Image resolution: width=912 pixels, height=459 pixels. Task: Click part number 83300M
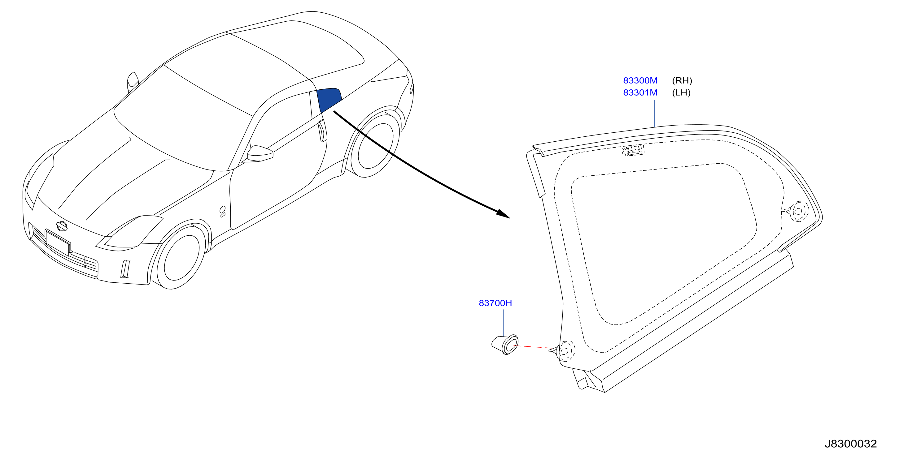(640, 81)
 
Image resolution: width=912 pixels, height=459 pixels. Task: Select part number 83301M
(640, 93)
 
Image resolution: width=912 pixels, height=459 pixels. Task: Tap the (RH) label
(682, 81)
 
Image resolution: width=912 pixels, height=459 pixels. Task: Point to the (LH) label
(681, 93)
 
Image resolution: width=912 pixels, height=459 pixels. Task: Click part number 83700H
(495, 303)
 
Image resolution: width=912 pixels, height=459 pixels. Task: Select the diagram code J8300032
(851, 444)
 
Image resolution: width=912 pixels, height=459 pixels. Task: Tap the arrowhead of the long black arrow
(504, 214)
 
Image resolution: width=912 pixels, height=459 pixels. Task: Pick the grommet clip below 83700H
(505, 345)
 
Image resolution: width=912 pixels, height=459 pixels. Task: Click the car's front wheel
(181, 257)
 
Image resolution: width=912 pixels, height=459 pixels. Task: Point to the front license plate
(58, 242)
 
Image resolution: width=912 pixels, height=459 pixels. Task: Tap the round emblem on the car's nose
(62, 226)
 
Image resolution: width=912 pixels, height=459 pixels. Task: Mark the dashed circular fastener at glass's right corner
(798, 211)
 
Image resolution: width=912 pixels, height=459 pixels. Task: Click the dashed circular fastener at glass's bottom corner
(566, 351)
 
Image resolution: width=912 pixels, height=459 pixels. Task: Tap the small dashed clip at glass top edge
(633, 150)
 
